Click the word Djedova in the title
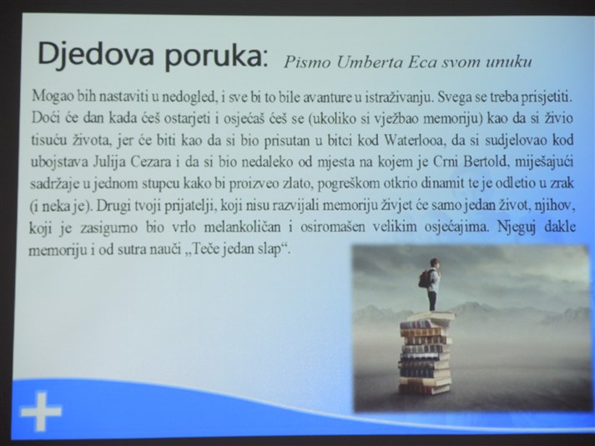[96, 54]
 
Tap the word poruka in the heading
[214, 57]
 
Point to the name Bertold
[485, 162]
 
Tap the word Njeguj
[517, 228]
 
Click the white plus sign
[41, 412]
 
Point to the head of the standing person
[435, 263]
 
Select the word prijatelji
[190, 206]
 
